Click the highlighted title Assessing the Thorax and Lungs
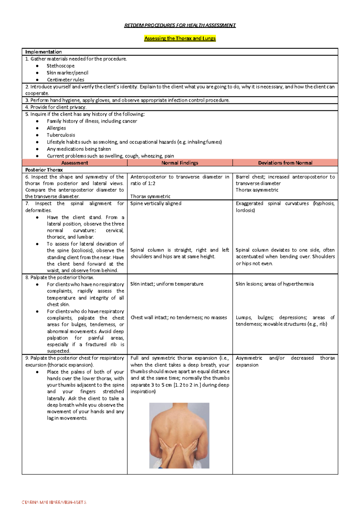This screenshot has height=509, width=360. click(180, 38)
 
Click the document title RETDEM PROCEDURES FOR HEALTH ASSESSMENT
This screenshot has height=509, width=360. click(180, 26)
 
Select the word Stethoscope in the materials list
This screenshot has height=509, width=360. click(60, 66)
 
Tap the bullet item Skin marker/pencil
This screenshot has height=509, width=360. click(67, 73)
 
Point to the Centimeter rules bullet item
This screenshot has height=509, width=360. click(65, 80)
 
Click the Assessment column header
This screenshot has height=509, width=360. click(74, 163)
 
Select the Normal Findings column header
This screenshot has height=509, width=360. click(180, 163)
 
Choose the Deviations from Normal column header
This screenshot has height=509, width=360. click(285, 163)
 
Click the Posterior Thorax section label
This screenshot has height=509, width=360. click(44, 170)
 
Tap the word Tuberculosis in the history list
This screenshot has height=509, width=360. click(61, 135)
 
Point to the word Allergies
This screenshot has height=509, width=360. click(56, 128)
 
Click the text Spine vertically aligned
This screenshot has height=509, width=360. click(156, 203)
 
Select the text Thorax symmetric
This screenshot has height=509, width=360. click(150, 197)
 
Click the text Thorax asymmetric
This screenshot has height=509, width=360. click(257, 190)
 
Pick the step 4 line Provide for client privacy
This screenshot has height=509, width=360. click(56, 107)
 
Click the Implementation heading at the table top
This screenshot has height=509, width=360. click(43, 52)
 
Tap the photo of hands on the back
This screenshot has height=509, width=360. click(179, 435)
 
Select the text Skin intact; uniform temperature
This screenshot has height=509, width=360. click(167, 284)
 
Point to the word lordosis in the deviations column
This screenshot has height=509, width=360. click(245, 210)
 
